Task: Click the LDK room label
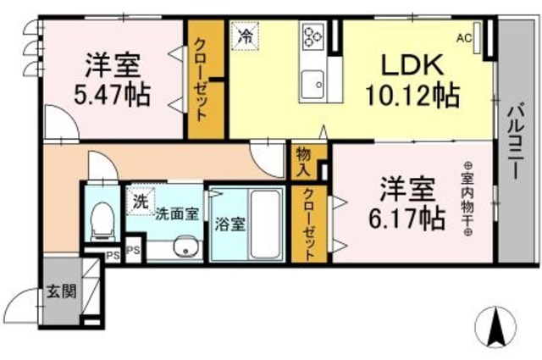click(x=411, y=65)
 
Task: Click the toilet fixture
click(x=101, y=219)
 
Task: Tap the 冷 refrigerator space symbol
click(x=245, y=36)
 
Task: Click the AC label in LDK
click(x=463, y=36)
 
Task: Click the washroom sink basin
click(x=181, y=247)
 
